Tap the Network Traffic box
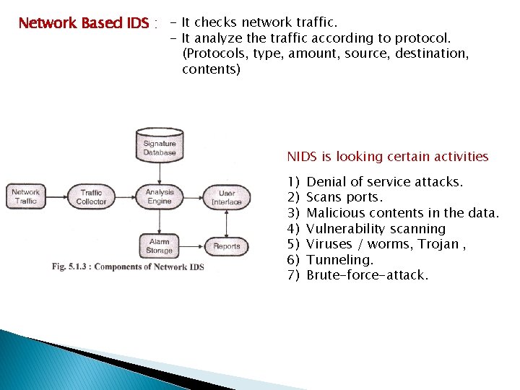pos(26,196)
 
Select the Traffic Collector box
pos(92,196)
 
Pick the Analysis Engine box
pos(160,196)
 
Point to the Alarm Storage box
pos(160,246)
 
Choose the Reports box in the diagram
pos(227,246)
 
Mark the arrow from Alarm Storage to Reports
pos(193,246)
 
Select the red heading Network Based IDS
pos(83,23)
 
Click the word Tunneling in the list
pos(339,259)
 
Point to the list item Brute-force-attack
pos(367,275)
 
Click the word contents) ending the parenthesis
pos(211,69)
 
